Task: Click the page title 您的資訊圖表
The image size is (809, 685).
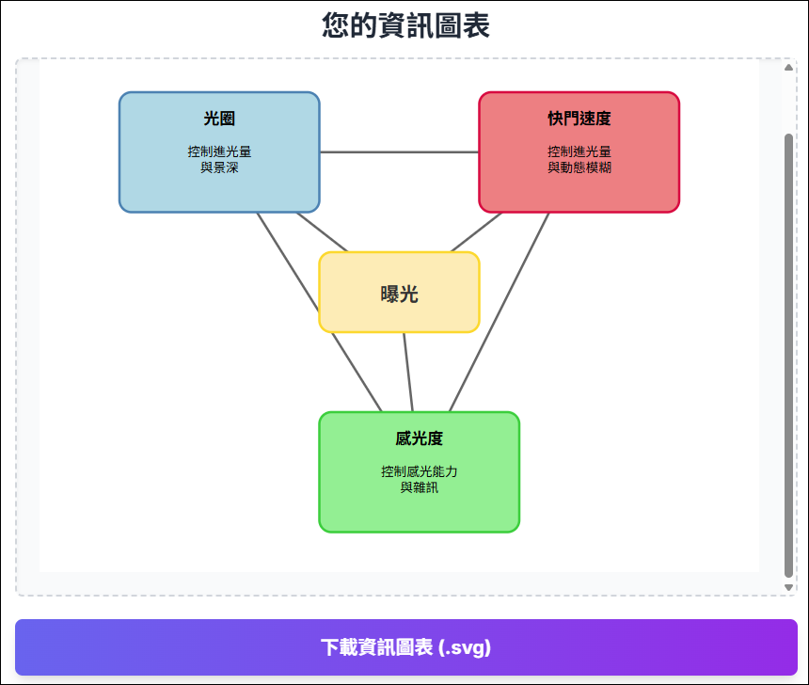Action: click(x=405, y=25)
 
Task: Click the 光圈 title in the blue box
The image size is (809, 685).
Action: click(x=219, y=119)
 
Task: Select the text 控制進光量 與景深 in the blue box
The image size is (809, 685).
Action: click(x=219, y=160)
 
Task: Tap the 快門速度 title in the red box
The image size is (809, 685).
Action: click(x=579, y=119)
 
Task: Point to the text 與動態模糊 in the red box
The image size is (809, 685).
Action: click(x=579, y=167)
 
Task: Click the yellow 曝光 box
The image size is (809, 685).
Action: click(x=400, y=293)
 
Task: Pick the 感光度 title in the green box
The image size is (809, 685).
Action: click(x=419, y=438)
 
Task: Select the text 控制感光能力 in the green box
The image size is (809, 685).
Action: click(x=419, y=471)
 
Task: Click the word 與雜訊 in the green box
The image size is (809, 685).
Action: click(x=419, y=487)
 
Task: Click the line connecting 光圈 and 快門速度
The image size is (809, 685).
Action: click(x=400, y=152)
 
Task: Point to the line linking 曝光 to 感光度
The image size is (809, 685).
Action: click(x=408, y=373)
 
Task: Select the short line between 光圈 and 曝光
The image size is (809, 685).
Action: click(x=322, y=232)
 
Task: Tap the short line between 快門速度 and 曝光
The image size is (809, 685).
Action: click(x=476, y=232)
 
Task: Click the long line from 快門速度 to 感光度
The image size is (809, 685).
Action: click(x=499, y=312)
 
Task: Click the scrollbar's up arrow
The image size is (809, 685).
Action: click(x=788, y=68)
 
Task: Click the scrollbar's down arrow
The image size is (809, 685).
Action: click(x=788, y=587)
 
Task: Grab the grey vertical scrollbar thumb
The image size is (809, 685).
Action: click(x=788, y=356)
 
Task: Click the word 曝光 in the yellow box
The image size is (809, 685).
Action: click(x=400, y=295)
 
